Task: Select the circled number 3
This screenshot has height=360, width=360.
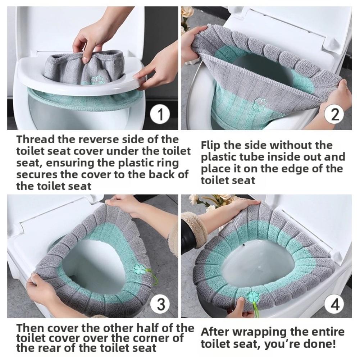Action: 160,305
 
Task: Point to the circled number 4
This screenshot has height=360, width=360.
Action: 334,305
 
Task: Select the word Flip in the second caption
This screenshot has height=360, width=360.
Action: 210,145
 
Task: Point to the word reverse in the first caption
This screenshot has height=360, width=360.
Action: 96,139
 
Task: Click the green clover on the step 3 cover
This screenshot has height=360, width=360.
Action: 139,269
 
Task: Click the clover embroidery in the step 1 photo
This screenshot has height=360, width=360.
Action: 96,80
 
